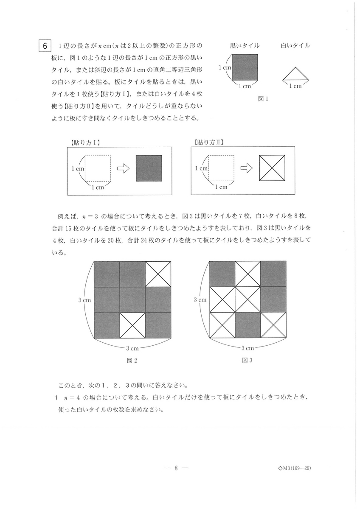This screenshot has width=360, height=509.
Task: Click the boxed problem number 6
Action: [x=45, y=46]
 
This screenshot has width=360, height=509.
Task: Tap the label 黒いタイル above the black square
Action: [x=245, y=46]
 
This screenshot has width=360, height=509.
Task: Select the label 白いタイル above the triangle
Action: [x=295, y=46]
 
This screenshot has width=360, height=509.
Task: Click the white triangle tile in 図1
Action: [x=295, y=74]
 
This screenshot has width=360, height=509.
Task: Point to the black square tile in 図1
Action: [x=245, y=67]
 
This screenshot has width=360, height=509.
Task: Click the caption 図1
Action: [x=263, y=99]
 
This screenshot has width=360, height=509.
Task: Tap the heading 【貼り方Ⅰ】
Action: [x=85, y=143]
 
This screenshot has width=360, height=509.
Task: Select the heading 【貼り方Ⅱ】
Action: [x=208, y=143]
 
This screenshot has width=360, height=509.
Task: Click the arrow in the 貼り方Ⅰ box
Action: [x=123, y=168]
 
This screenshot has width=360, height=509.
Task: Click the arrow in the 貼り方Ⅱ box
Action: [x=247, y=168]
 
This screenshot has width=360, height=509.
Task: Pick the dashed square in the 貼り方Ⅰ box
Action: [x=98, y=168]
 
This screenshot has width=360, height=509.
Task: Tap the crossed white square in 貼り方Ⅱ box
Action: [x=272, y=168]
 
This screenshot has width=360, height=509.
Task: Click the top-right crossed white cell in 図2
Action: [x=158, y=274]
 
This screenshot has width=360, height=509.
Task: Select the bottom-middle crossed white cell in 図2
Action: [x=132, y=325]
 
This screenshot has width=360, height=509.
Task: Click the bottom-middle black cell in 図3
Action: [x=247, y=325]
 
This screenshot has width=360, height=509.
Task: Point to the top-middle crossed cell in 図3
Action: [x=247, y=274]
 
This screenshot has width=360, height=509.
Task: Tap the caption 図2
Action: [x=132, y=361]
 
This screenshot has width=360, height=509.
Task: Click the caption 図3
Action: [x=247, y=360]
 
